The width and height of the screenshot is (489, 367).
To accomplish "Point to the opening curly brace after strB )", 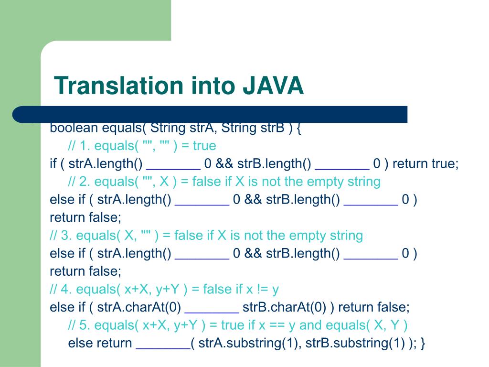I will coord(298,128).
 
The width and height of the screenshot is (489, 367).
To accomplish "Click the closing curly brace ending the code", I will coord(423,343).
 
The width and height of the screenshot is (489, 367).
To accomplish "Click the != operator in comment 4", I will coord(261,289).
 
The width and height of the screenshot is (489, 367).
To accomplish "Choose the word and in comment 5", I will coord(310,325).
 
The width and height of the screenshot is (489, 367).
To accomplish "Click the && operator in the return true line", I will coord(223,164).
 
